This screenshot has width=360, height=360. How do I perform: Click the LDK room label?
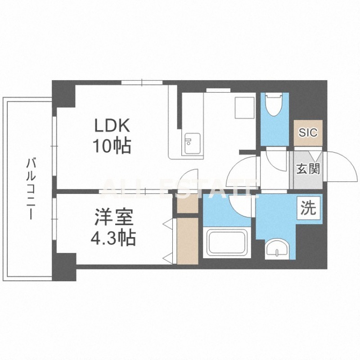coord(112,126)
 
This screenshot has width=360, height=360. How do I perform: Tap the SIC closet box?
coord(308,133)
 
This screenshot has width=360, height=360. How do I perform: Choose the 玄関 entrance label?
coord(308,169)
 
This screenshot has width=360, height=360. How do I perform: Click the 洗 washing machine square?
coord(309,208)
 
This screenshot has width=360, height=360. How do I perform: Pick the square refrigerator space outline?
coord(244,108)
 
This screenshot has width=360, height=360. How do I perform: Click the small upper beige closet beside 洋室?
coord(188,203)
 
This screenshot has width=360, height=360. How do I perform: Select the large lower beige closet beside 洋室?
coord(188,241)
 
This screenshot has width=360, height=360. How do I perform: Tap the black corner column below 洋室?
coord(64,267)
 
